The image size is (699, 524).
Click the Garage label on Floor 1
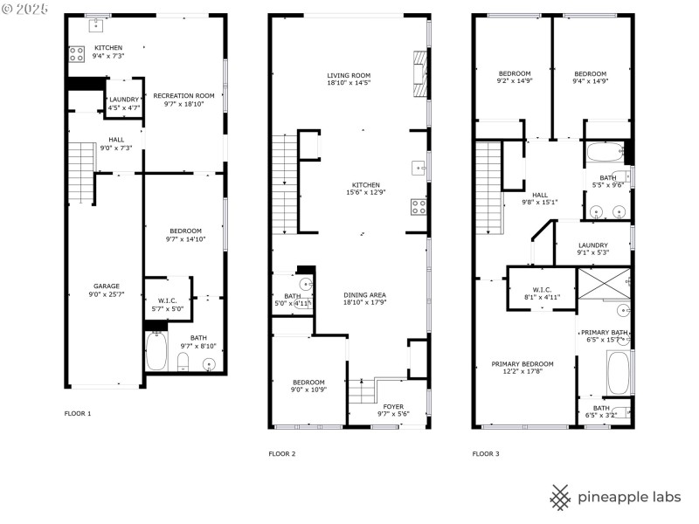tap(107, 286)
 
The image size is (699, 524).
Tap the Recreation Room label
tap(183, 95)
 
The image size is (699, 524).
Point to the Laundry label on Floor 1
tap(123, 100)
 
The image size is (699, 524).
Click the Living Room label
tap(349, 75)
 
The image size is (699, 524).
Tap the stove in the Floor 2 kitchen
tap(419, 207)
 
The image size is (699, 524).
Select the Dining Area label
tap(364, 295)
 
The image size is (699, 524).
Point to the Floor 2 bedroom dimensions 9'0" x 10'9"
tap(308, 390)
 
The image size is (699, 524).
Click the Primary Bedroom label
tap(522, 363)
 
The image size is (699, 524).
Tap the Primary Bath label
tap(604, 333)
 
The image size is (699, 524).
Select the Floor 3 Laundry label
tap(592, 245)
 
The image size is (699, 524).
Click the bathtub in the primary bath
tap(617, 373)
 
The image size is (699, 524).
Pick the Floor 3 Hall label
tap(539, 195)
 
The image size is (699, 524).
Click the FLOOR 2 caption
tap(281, 454)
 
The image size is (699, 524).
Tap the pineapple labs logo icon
tap(561, 497)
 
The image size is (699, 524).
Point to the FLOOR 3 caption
tap(486, 454)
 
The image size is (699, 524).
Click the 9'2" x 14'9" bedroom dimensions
tap(515, 81)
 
